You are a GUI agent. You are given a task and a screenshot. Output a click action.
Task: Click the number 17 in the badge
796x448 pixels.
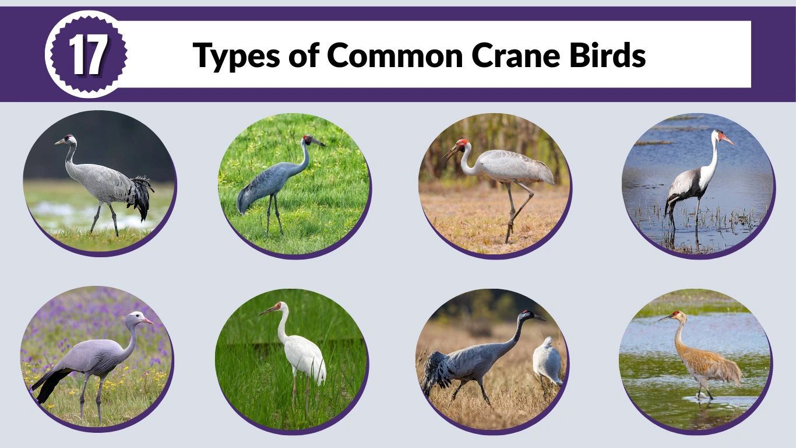coord(87,55)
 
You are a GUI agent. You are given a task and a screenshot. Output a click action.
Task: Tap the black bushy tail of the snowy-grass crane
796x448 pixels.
coord(140,195)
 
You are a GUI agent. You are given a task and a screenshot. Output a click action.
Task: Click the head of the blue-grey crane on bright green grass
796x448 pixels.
coord(308,140)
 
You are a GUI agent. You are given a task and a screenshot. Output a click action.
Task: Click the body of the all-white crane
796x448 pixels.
coord(305,355)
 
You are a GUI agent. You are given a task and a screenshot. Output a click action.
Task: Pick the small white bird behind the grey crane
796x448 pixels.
coord(548,361)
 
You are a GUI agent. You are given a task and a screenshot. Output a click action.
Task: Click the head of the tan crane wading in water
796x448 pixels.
coord(675,316)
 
